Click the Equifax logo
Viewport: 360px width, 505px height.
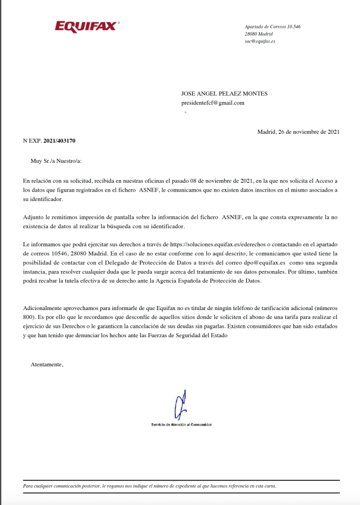click(x=87, y=26)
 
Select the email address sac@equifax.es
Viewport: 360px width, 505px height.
click(x=260, y=41)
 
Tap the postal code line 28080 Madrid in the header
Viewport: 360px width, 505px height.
click(x=259, y=34)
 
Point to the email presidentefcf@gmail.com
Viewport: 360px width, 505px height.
click(x=213, y=103)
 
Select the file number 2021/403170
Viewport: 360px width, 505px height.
click(x=59, y=141)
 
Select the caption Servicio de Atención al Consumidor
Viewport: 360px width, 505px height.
click(x=181, y=425)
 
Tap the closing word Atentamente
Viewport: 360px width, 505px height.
click(x=47, y=365)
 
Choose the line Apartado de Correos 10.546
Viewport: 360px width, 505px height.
click(x=273, y=27)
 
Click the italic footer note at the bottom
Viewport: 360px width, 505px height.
click(x=150, y=486)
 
